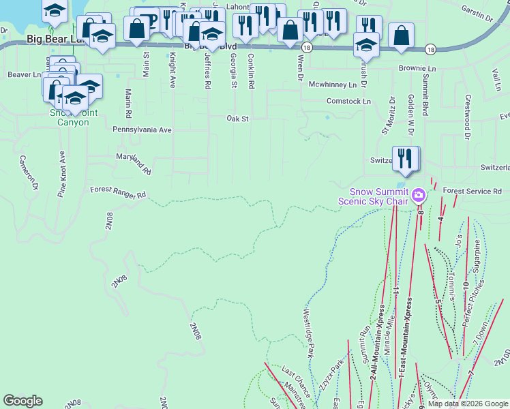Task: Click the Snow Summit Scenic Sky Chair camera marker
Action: [419, 196]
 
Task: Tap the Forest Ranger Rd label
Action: [118, 194]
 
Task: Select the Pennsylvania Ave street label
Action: [142, 129]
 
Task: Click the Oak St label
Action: [238, 118]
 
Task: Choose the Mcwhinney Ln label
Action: [332, 85]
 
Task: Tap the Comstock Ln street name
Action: [348, 101]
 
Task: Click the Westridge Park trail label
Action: [307, 333]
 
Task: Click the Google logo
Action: [22, 401]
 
